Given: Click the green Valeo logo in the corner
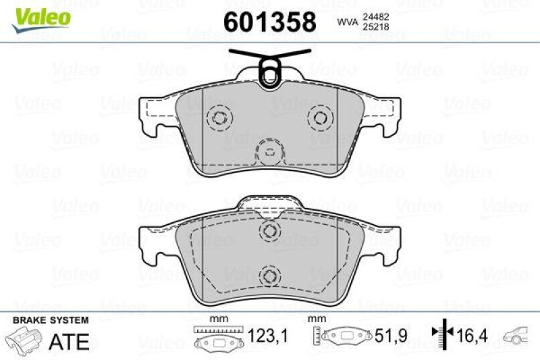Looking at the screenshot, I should pyautogui.click(x=40, y=16).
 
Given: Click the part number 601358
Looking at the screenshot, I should pyautogui.click(x=269, y=22).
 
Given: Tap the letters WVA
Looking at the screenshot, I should pyautogui.click(x=348, y=23).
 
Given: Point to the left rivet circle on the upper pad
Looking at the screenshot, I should pyautogui.click(x=219, y=118).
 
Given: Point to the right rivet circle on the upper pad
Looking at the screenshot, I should pyautogui.click(x=320, y=118).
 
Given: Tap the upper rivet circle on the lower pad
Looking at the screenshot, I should pyautogui.click(x=270, y=231).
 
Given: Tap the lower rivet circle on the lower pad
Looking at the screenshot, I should pyautogui.click(x=270, y=275).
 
